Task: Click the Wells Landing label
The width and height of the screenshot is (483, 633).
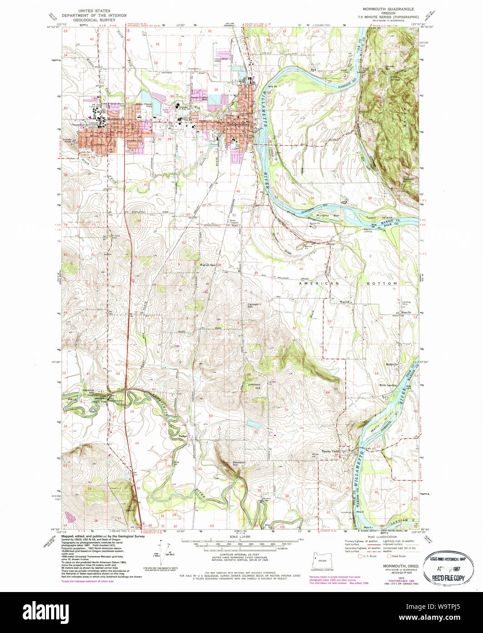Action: click(x=388, y=385)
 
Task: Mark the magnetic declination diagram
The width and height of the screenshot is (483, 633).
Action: click(x=166, y=553)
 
